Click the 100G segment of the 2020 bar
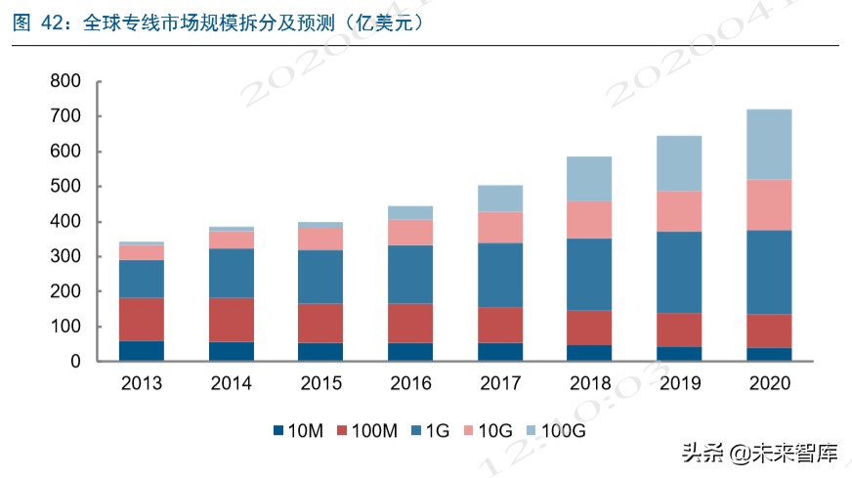point(768,144)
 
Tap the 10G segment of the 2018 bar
point(588,220)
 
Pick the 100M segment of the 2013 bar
point(142,319)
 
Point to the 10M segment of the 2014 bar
point(232,351)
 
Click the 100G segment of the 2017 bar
point(499,198)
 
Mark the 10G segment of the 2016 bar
point(410,232)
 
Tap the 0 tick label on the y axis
point(73,362)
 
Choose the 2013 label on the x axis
point(142,383)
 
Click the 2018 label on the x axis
point(588,383)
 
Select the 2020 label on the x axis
point(768,383)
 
